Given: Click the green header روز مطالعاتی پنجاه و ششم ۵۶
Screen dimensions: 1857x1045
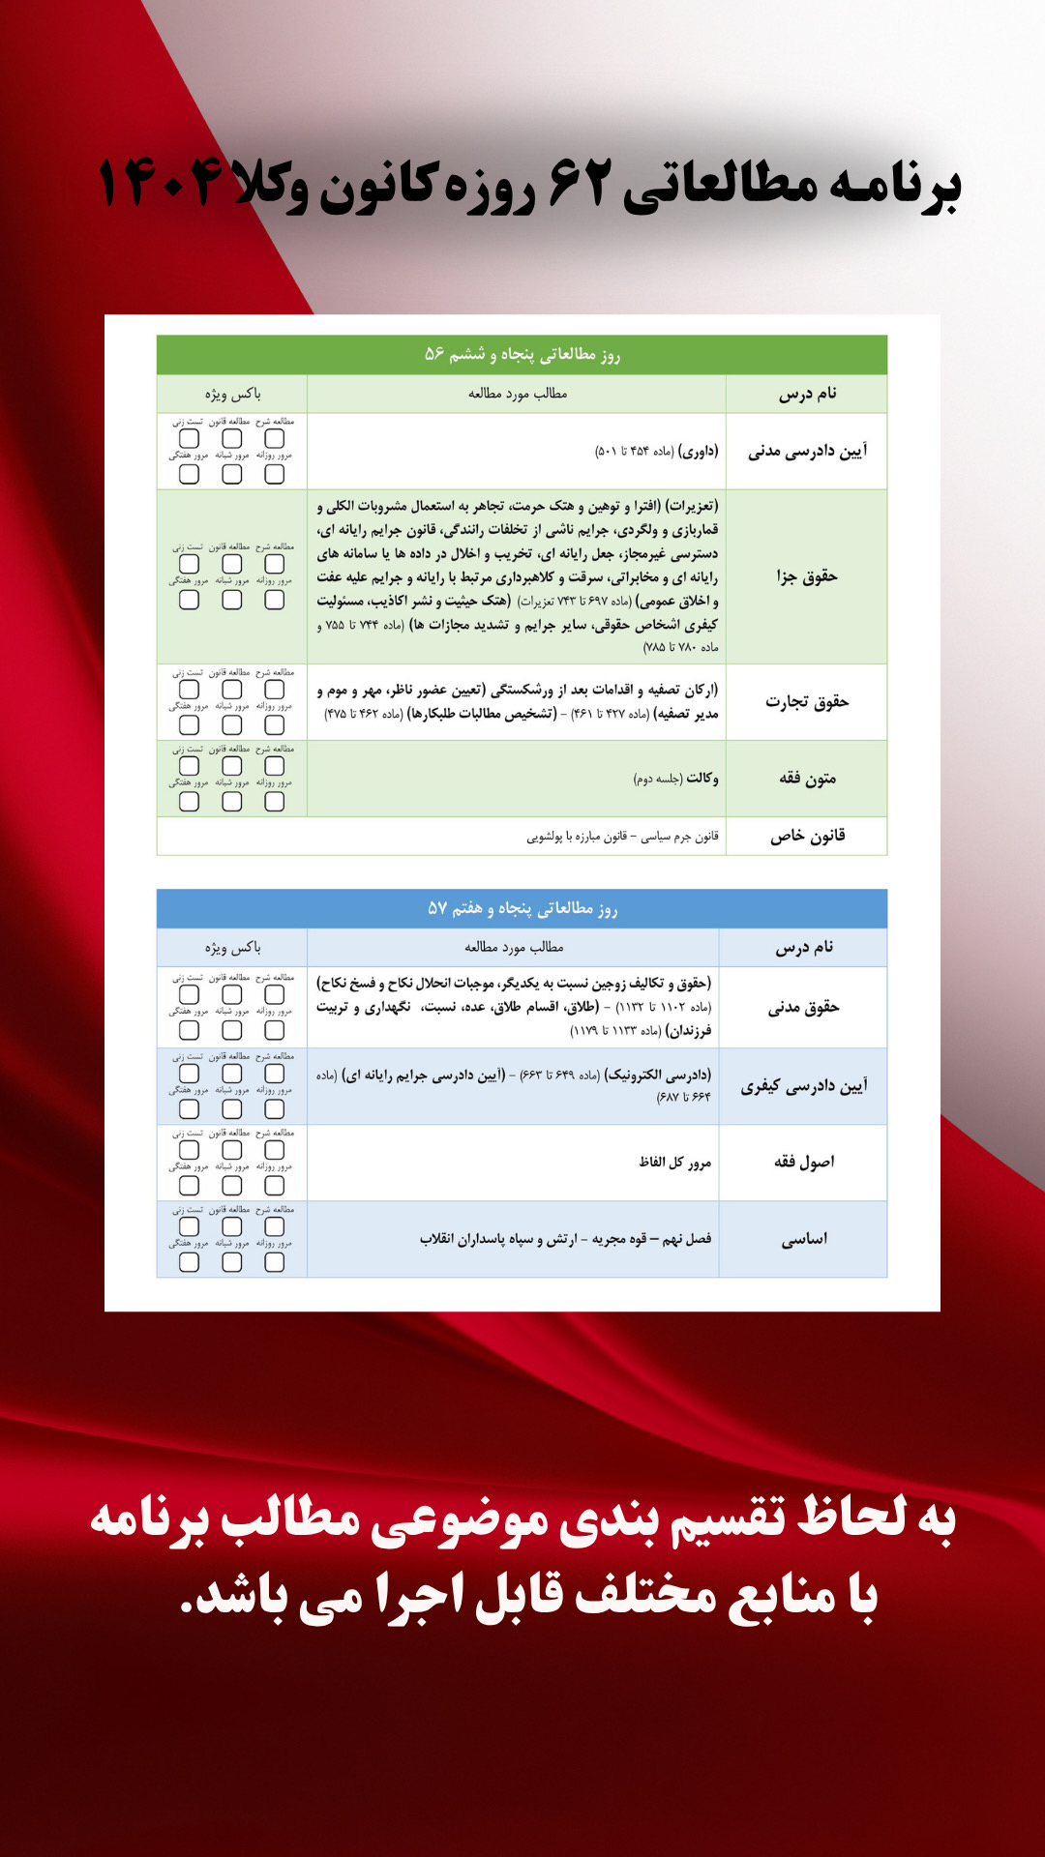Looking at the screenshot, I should [522, 355].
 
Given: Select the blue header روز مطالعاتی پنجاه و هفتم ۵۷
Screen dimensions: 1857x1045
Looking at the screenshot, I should [522, 908].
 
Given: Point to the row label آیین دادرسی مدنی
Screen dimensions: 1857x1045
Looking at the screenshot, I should [807, 451].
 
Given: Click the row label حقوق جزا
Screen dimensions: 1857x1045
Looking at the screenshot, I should [807, 576].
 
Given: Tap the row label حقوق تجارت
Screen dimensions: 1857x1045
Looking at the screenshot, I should [807, 701].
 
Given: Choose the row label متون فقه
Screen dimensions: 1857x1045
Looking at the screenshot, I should [807, 779].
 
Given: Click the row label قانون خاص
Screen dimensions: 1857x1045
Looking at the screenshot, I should [807, 836].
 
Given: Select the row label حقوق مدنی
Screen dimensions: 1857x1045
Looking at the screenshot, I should [803, 1007].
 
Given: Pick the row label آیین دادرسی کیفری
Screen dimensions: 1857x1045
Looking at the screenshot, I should [803, 1086].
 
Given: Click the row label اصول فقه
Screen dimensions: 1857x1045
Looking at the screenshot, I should [803, 1162].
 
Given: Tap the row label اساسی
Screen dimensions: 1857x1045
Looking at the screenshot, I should [803, 1239].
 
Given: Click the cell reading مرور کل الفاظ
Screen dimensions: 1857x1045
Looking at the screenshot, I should [674, 1162].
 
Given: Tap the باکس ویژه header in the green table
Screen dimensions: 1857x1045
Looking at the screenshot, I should [232, 394].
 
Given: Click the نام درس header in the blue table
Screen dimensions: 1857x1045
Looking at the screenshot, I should [803, 947].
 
